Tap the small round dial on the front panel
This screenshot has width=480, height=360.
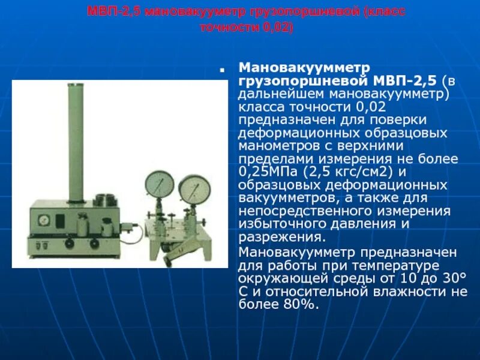[x=41, y=220]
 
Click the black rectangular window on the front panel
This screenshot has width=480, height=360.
[x=61, y=220]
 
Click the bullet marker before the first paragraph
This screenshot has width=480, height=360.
[x=222, y=70]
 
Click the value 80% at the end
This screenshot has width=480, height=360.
[x=299, y=304]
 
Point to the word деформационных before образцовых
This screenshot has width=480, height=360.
[x=293, y=133]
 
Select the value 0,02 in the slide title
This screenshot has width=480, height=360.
[x=278, y=28]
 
